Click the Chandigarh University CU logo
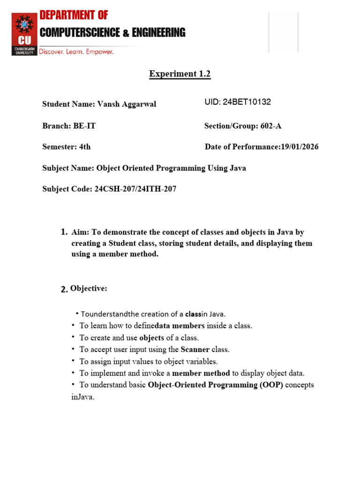click(x=24, y=34)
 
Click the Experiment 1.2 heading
click(x=180, y=74)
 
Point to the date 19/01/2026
click(x=300, y=147)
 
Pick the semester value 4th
click(x=85, y=147)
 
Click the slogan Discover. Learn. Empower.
click(x=76, y=52)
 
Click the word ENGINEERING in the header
click(x=159, y=33)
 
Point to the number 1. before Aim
click(x=64, y=232)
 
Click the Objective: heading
click(x=89, y=289)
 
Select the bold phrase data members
click(x=180, y=325)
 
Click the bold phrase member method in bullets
click(x=201, y=373)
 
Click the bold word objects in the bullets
click(x=152, y=337)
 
